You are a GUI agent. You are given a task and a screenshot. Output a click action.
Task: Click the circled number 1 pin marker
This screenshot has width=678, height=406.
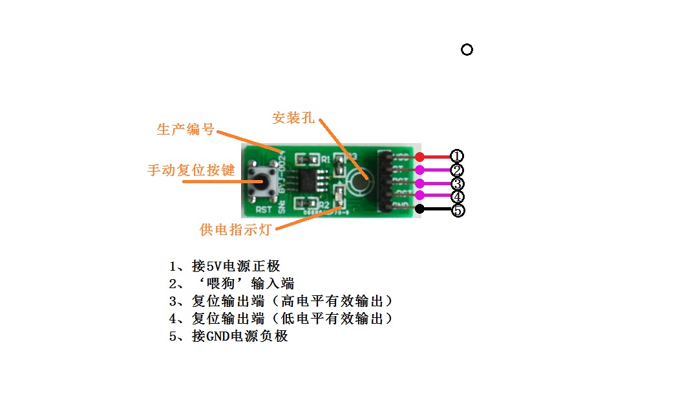pyautogui.click(x=457, y=156)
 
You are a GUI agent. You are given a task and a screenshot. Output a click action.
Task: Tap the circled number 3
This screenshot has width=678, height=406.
pyautogui.click(x=457, y=183)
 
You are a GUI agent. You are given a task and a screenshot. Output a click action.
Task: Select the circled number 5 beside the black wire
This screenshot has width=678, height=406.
pyautogui.click(x=457, y=210)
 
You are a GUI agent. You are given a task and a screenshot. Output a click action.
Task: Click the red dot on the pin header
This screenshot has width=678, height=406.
pyautogui.click(x=419, y=157)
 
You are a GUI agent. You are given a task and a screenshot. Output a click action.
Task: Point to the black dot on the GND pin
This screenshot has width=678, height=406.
pyautogui.click(x=419, y=209)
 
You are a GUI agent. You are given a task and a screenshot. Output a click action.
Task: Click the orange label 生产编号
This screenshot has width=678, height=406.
pyautogui.click(x=185, y=129)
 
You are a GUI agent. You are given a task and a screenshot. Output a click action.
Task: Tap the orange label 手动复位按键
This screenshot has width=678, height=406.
pyautogui.click(x=190, y=170)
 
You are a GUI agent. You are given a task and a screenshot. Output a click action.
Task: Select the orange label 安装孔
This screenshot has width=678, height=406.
pyautogui.click(x=293, y=118)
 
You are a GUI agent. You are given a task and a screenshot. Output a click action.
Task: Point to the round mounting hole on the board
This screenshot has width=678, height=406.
pyautogui.click(x=357, y=181)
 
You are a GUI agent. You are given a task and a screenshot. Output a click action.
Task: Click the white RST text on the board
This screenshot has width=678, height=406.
pyautogui.click(x=263, y=210)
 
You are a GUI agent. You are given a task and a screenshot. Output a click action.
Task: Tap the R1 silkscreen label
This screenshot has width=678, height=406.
pyautogui.click(x=326, y=159)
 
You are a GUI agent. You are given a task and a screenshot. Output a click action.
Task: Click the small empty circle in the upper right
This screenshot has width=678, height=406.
pyautogui.click(x=467, y=49)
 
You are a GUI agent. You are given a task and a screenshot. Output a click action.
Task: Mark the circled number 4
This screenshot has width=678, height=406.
pyautogui.click(x=457, y=196)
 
